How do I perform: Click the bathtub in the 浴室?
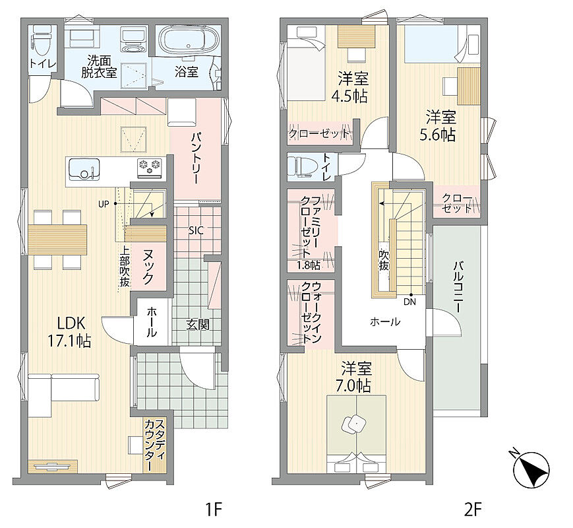188,42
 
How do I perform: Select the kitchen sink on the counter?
84,169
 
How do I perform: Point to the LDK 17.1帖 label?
69,332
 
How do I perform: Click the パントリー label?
195,158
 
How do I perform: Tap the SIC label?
196,230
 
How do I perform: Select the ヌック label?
148,267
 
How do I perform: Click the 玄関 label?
198,324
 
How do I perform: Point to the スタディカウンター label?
154,445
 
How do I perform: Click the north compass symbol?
530,469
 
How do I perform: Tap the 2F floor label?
473,509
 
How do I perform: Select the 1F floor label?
213,509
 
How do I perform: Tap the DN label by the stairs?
409,302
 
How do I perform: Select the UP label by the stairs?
104,204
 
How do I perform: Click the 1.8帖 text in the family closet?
309,265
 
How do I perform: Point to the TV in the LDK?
53,466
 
